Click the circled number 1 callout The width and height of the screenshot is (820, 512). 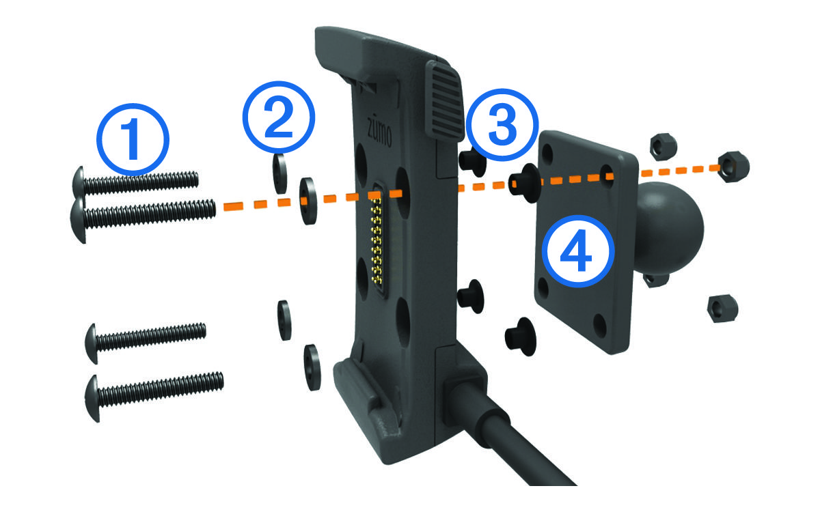[133, 139]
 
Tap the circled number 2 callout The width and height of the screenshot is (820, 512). [279, 117]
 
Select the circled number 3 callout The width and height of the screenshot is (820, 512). [502, 125]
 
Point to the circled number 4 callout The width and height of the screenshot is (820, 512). [578, 251]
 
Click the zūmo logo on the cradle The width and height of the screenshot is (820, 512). [379, 132]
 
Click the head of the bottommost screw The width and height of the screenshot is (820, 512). [92, 398]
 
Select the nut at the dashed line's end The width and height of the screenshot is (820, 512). [733, 167]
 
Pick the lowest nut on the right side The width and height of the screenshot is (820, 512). [722, 309]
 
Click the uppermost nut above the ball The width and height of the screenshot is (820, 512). [663, 147]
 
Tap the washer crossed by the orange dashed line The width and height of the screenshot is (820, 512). [308, 201]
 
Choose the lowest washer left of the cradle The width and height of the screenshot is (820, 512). [312, 367]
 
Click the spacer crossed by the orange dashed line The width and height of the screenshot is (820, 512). [525, 183]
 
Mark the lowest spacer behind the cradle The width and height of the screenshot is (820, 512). [520, 337]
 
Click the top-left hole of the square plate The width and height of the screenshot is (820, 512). [547, 153]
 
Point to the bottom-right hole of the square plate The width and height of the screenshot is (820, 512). [600, 326]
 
